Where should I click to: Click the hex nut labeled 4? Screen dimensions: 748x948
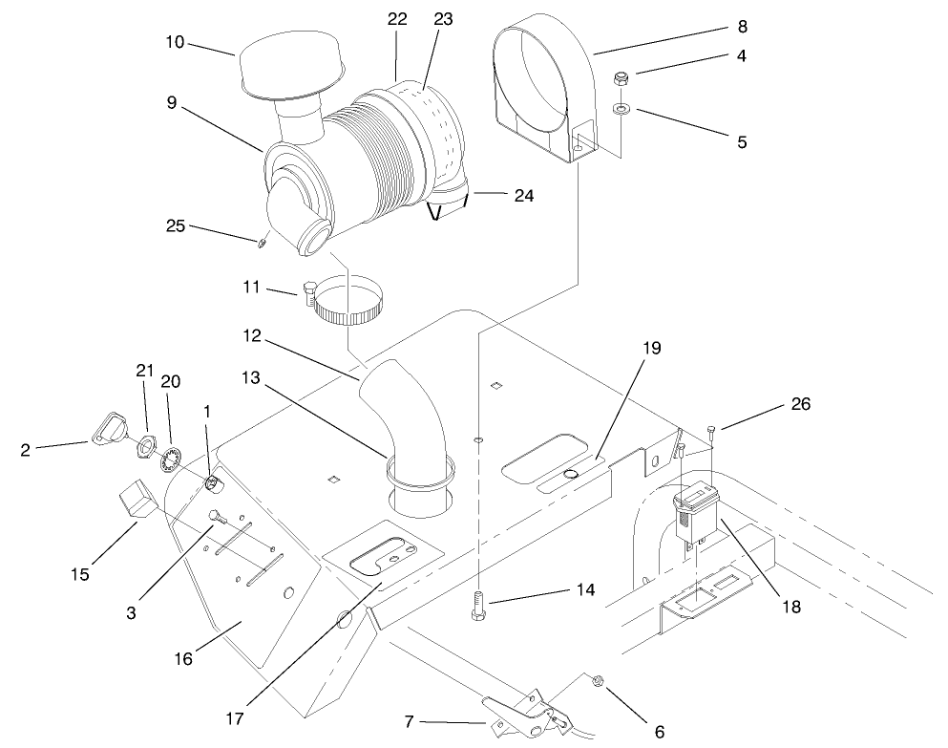pos(621,78)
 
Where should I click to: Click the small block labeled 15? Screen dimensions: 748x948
pos(133,502)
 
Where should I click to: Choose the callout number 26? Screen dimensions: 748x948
pos(800,404)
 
